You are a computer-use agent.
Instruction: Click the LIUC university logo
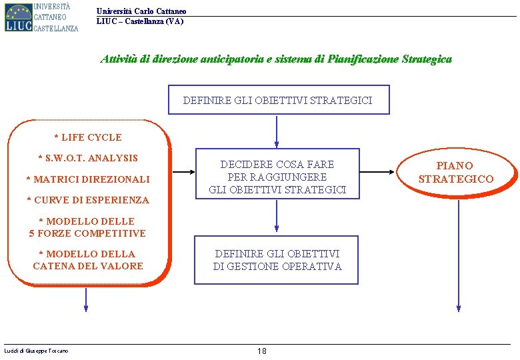(x=41, y=17)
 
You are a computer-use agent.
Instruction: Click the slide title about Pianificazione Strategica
(x=276, y=59)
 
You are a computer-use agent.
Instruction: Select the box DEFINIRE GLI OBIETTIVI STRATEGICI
(x=277, y=100)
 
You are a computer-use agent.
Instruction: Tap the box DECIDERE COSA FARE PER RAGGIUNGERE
(x=277, y=177)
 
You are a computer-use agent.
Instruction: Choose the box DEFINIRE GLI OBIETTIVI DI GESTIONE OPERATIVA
(x=277, y=260)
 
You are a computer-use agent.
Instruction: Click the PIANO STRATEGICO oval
(x=456, y=172)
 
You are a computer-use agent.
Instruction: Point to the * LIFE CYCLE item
(x=88, y=137)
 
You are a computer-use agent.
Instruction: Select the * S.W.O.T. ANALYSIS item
(x=88, y=158)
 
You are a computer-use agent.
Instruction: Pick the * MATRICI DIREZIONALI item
(x=88, y=179)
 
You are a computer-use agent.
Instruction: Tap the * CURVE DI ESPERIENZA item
(x=88, y=199)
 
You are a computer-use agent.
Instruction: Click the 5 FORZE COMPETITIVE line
(x=87, y=233)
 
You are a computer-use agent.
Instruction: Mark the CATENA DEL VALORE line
(x=88, y=266)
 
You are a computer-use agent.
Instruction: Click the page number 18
(x=262, y=351)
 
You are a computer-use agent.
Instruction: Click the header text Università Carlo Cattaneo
(x=141, y=11)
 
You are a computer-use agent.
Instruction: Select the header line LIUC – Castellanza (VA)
(x=139, y=21)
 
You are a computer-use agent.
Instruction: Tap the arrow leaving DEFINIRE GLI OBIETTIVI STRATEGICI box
(x=277, y=131)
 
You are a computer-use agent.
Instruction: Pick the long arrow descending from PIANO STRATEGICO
(x=459, y=253)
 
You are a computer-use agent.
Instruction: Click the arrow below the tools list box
(x=86, y=299)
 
